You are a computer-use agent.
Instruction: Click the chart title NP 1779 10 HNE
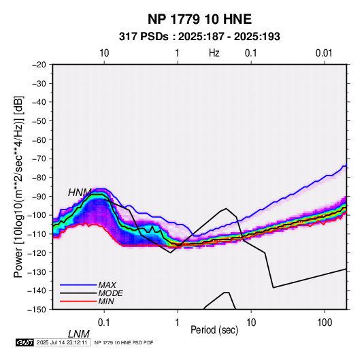click(x=199, y=19)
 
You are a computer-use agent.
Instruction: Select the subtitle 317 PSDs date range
click(x=199, y=37)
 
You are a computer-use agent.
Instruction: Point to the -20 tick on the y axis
click(x=39, y=65)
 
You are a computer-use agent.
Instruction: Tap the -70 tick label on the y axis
click(x=39, y=159)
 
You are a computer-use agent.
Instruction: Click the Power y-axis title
click(x=18, y=186)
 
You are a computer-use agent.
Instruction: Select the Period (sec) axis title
click(x=214, y=330)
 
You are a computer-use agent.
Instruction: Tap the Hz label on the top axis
click(x=214, y=53)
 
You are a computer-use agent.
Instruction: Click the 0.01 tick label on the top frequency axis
click(x=324, y=53)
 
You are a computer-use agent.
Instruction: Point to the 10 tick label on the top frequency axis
click(x=104, y=53)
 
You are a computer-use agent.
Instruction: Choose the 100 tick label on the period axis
click(x=325, y=323)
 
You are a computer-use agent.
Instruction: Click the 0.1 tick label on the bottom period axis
click(x=104, y=323)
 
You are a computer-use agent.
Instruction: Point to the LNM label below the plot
click(x=78, y=334)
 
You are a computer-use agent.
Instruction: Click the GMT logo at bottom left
click(x=25, y=342)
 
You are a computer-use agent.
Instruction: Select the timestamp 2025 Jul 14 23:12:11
click(x=62, y=342)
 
